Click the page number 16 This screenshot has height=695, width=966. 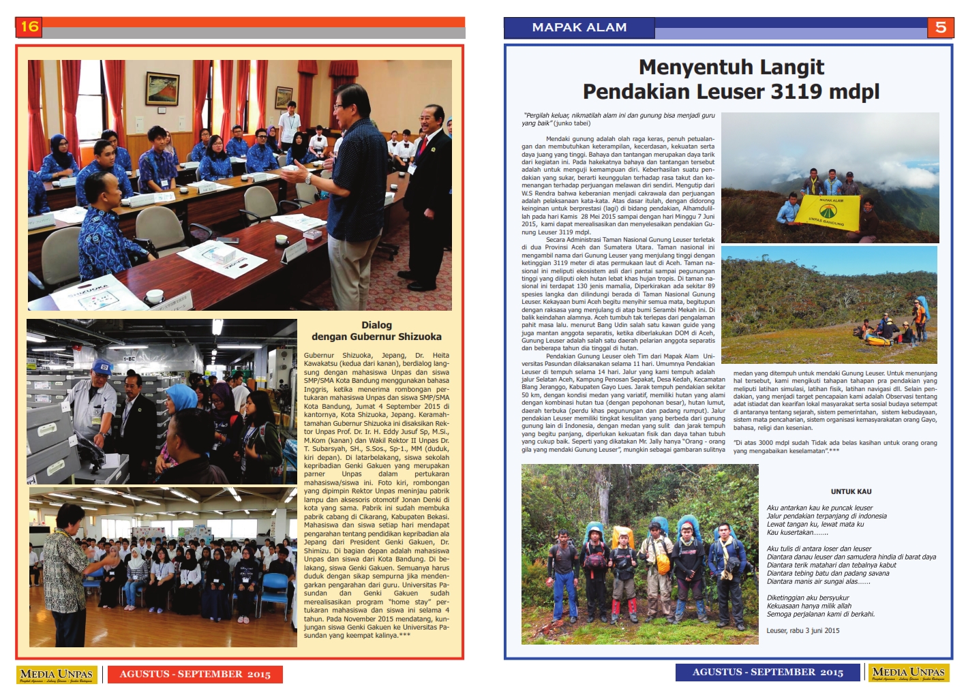(29, 27)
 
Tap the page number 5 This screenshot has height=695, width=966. (940, 27)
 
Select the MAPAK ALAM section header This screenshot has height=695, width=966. (579, 27)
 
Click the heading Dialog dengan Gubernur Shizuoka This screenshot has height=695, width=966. (376, 331)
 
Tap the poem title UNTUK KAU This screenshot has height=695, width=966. (851, 491)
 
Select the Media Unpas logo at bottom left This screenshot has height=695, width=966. (57, 675)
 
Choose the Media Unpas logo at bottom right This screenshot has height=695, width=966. (909, 673)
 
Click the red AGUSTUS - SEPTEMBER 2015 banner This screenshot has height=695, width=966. (195, 675)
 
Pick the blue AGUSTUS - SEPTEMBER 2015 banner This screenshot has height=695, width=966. (768, 673)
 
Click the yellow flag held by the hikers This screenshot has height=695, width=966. (830, 211)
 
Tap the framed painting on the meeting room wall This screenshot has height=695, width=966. (162, 88)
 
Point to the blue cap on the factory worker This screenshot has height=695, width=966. (102, 367)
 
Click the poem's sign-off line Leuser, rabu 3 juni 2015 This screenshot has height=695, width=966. (802, 631)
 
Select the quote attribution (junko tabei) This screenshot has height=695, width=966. (572, 123)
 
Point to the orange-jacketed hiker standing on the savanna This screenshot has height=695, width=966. (920, 315)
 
